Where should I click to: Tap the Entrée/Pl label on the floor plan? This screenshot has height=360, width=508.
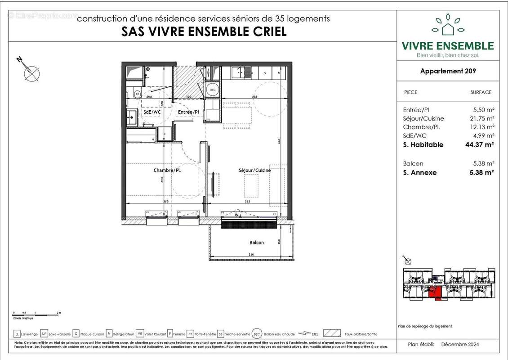point(188,112)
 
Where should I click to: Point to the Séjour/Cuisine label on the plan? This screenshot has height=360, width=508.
point(254,170)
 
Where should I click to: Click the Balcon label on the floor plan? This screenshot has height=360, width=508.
point(257,243)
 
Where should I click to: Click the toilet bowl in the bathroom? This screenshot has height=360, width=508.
point(136,94)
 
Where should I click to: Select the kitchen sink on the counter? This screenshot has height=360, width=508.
point(247,72)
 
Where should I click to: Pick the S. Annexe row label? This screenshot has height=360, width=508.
point(420,172)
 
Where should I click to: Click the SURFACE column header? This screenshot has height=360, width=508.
point(481,92)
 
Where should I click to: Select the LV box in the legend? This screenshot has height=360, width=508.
point(44,334)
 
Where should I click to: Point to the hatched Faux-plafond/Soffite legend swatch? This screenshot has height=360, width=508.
point(332,334)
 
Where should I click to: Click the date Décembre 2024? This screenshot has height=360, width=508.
point(460,344)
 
